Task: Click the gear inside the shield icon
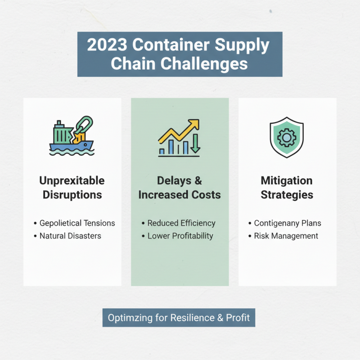[x=287, y=137]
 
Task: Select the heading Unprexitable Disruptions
[x=72, y=188]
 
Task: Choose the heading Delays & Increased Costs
[x=180, y=188]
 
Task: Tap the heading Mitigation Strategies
[x=287, y=188]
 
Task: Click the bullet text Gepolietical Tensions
[x=77, y=223]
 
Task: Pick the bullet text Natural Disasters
[x=70, y=236]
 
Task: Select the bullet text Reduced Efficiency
[x=181, y=223]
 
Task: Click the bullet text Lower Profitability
[x=180, y=236]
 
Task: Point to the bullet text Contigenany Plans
[x=288, y=223]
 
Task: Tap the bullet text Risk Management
[x=286, y=236]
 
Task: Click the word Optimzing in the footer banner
[x=128, y=318]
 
